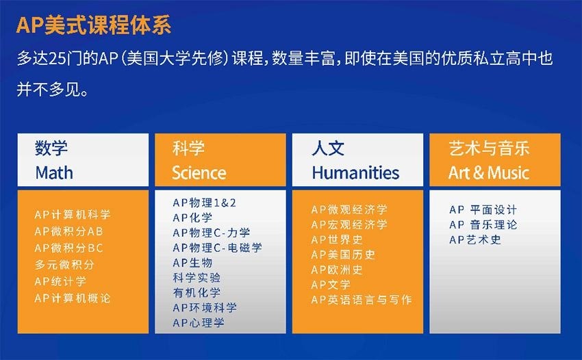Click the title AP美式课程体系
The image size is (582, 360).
[x=94, y=25]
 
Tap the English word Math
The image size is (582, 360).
[x=54, y=173]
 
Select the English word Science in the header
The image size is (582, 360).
[x=199, y=173]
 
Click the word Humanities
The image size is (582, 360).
[x=355, y=173]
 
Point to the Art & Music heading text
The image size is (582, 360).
[x=489, y=173]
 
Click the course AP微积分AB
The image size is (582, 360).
[x=68, y=231]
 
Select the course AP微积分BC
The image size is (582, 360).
[x=68, y=248]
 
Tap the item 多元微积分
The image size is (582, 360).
[x=64, y=265]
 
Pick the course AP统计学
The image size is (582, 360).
[x=60, y=281]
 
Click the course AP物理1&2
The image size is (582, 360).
[x=205, y=203]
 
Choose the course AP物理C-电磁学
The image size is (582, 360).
[x=218, y=248]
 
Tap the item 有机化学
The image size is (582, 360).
[x=197, y=292]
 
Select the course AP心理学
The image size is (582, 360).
[x=199, y=322]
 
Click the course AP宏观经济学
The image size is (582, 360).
[x=349, y=224]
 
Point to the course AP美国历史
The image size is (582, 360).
[x=343, y=255]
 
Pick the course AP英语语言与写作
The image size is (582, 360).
[x=362, y=300]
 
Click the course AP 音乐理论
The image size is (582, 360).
[x=483, y=224]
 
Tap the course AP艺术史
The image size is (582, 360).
[x=475, y=240]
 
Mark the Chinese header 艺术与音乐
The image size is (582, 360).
[x=489, y=148]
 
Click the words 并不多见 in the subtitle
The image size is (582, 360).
[x=48, y=90]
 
